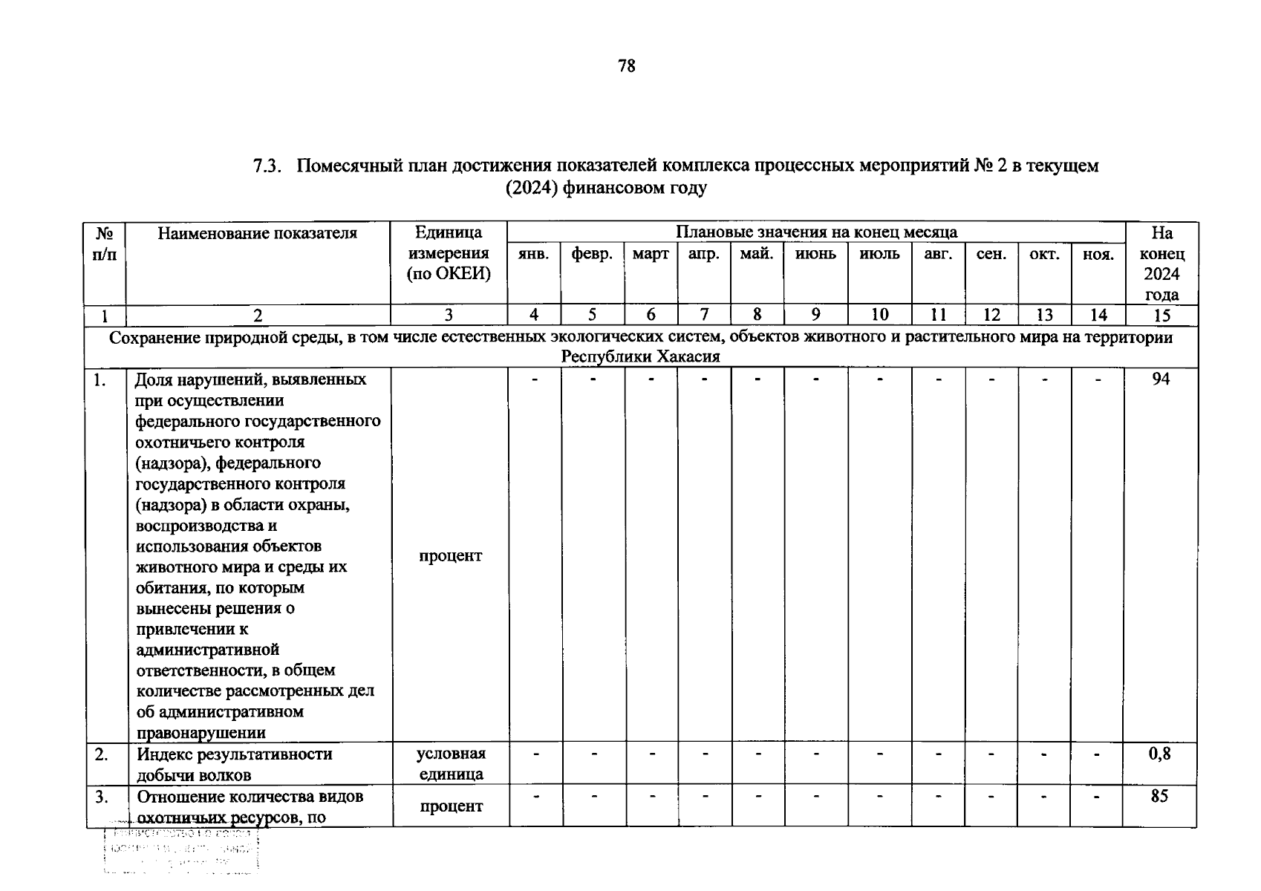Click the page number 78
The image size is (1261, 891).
(626, 66)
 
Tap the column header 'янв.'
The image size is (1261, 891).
(533, 254)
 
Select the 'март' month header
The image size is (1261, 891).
(651, 254)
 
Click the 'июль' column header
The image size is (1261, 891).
(879, 254)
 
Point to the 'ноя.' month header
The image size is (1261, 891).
(1098, 255)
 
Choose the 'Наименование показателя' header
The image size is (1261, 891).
(257, 233)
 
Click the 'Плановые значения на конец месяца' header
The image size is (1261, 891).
(815, 232)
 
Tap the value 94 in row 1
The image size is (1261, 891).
(1160, 379)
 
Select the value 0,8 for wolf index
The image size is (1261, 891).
(1159, 754)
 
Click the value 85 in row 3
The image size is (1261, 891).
(1159, 796)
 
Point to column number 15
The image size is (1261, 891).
(1161, 316)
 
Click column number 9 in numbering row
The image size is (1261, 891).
(815, 315)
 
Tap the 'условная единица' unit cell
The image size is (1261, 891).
(451, 764)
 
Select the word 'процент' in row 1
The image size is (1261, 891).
(450, 555)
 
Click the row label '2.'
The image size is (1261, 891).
(102, 754)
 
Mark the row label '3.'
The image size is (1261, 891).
(102, 797)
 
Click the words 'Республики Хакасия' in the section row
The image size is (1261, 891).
(640, 357)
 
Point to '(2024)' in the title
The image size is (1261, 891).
(532, 188)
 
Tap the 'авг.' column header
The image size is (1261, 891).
(938, 254)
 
